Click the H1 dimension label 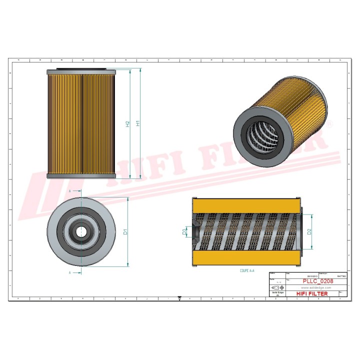pyautogui.click(x=138, y=123)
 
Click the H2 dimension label pyautogui.click(x=128, y=123)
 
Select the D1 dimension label pyautogui.click(x=126, y=232)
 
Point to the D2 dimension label pyautogui.click(x=310, y=231)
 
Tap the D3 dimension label pyautogui.click(x=185, y=231)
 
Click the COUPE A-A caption pyautogui.click(x=247, y=270)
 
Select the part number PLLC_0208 pyautogui.click(x=318, y=281)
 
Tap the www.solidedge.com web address pyautogui.click(x=317, y=288)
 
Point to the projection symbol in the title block pyautogui.click(x=275, y=288)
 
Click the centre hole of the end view pyautogui.click(x=80, y=231)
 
